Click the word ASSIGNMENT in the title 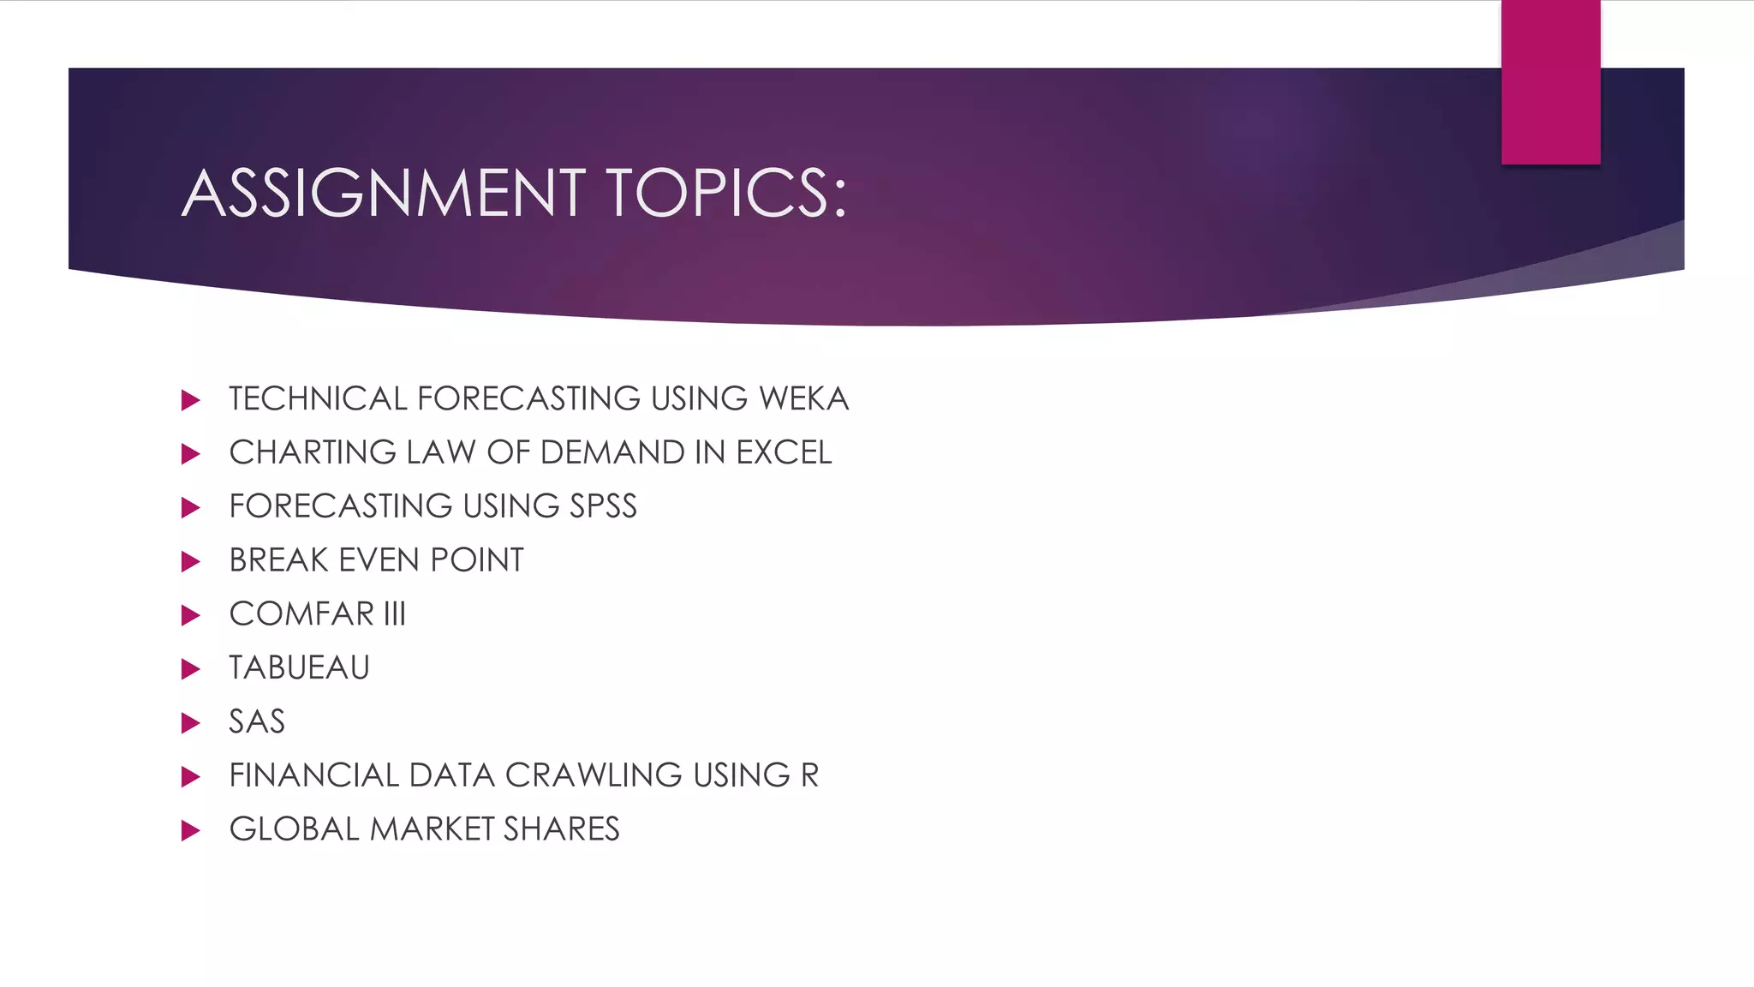(x=384, y=193)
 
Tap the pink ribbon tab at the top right (x=1550, y=82)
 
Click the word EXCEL (x=784, y=453)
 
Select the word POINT (x=477, y=560)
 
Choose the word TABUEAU (x=299, y=668)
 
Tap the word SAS (x=256, y=722)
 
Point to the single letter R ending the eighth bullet (x=809, y=775)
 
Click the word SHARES (x=561, y=829)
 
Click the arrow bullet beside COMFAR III (x=191, y=615)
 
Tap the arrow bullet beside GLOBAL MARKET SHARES (x=191, y=830)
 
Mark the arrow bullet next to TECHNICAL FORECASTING (x=191, y=400)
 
